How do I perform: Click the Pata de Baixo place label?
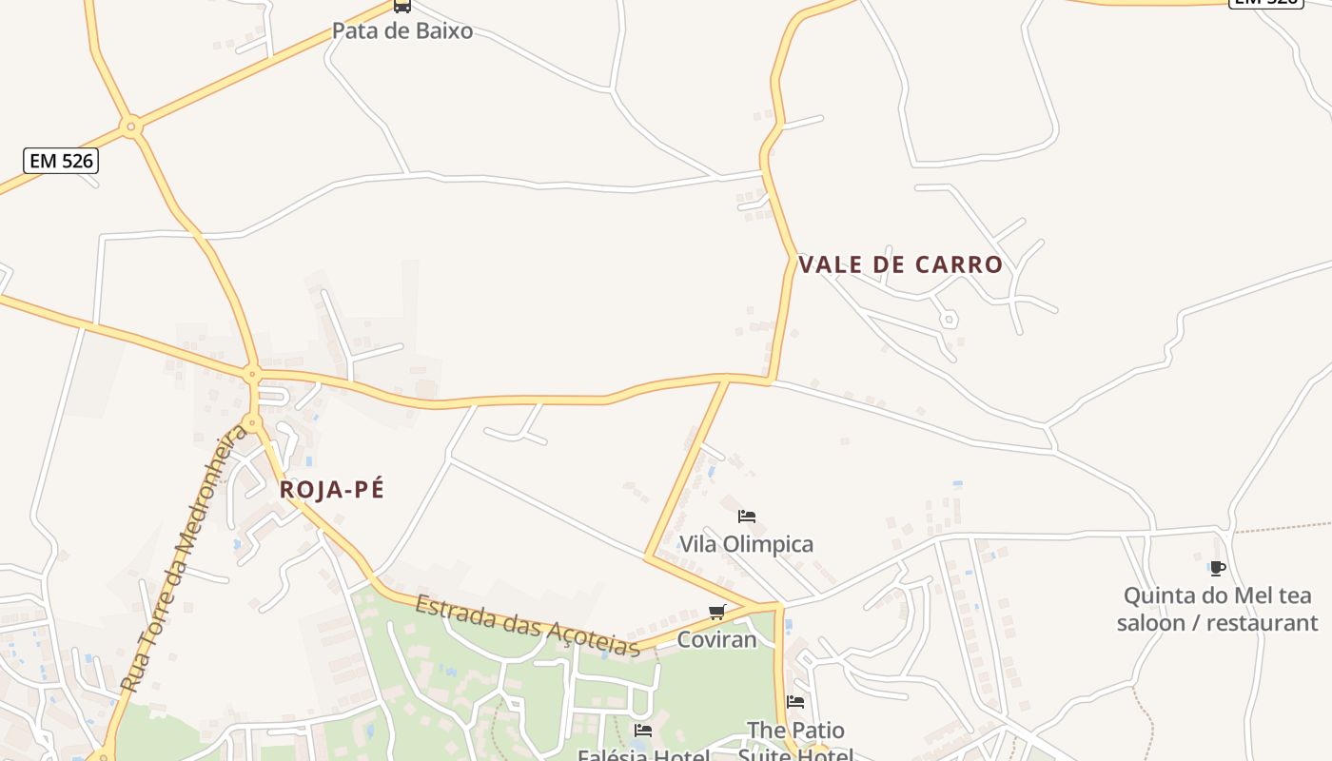(402, 30)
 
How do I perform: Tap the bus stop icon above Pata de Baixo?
(402, 6)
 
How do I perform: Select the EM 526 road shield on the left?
(62, 161)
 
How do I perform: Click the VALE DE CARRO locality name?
(901, 264)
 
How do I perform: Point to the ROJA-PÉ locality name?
(332, 490)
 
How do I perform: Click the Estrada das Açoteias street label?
(527, 625)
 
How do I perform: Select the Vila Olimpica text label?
(746, 544)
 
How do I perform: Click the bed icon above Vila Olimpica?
(747, 517)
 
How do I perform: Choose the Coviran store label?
(716, 639)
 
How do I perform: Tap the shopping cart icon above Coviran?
(717, 612)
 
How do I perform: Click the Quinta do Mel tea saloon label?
(1217, 609)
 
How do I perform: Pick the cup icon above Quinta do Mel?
(1217, 569)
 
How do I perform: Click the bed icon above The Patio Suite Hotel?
(795, 702)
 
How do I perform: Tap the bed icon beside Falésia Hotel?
(643, 731)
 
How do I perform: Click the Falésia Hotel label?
(643, 755)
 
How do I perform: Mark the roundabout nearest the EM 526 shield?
(131, 125)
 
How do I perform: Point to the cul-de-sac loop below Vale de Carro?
(949, 320)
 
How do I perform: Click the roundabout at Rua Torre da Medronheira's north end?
(252, 421)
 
